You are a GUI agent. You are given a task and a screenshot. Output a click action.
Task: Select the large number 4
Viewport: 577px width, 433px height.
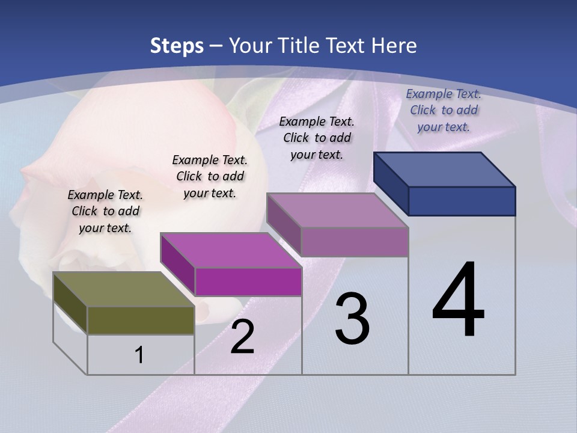tap(458, 301)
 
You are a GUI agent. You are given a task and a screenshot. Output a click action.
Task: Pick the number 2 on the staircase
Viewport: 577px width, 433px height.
tap(242, 337)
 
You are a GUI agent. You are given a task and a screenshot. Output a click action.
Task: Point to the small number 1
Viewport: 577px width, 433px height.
tap(139, 355)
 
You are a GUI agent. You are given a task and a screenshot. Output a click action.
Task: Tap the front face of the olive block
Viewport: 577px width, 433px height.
tap(141, 321)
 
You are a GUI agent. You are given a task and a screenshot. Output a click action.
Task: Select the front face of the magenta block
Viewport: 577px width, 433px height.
tap(248, 281)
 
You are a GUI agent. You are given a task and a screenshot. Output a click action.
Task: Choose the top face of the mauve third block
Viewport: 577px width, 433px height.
tap(337, 210)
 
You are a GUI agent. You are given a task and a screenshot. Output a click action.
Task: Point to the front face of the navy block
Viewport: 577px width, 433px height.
tap(462, 201)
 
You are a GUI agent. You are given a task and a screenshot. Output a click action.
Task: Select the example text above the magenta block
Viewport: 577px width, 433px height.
tap(210, 177)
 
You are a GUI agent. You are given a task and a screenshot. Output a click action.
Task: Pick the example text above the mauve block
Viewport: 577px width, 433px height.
tap(317, 138)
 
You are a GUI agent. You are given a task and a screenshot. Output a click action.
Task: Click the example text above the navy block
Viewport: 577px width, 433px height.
tap(444, 110)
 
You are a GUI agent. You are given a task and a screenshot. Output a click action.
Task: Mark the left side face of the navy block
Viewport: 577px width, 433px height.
tap(391, 183)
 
